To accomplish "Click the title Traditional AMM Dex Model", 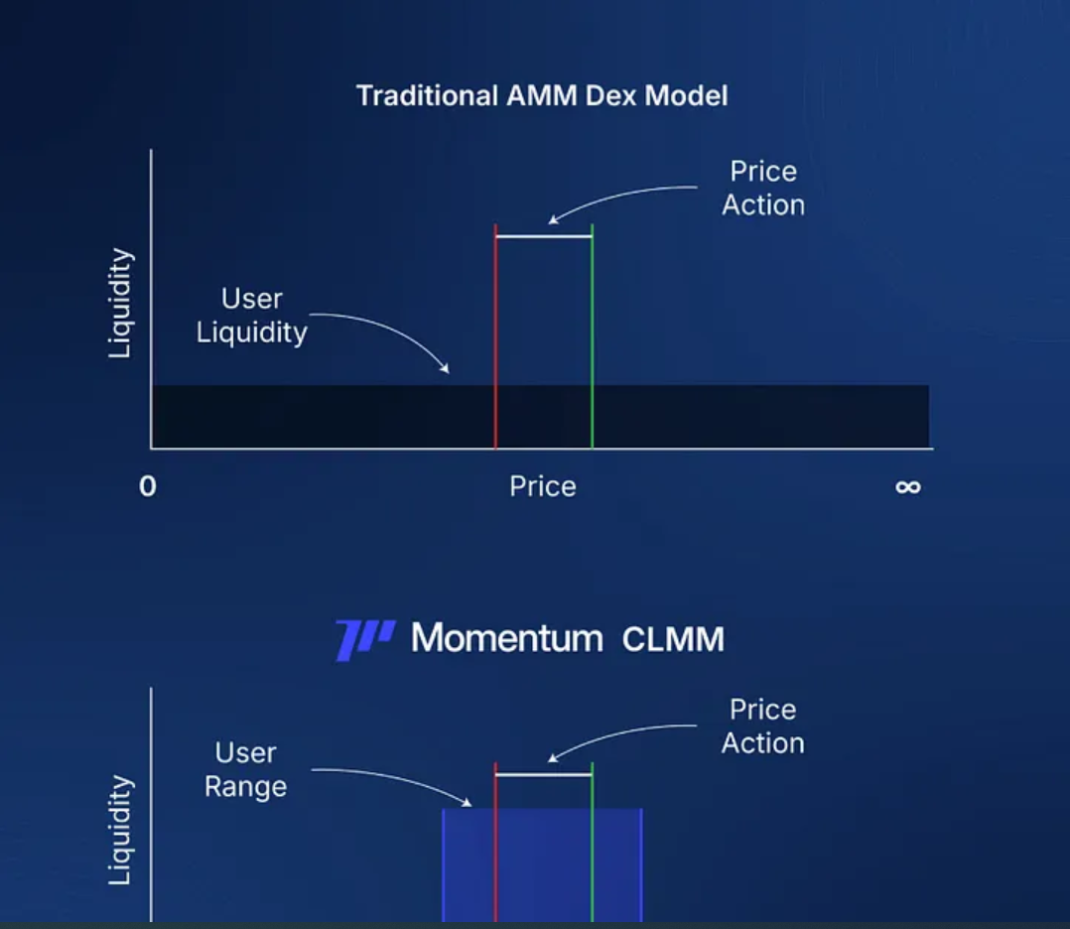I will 542,96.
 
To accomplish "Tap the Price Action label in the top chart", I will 762,188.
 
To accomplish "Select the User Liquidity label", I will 252,316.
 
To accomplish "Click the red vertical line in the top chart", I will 495,337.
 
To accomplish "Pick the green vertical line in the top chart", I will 592,337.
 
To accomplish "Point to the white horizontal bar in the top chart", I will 543,236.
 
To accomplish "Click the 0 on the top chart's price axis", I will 148,487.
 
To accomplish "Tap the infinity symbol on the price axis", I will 907,487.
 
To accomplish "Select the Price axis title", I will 542,486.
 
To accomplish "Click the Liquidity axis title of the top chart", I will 121,303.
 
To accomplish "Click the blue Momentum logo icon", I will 364,638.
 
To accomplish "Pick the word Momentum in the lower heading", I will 506,638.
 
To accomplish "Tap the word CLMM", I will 673,639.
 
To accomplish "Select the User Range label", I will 245,770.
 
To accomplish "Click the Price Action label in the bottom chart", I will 762,727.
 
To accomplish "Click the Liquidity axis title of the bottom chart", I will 121,830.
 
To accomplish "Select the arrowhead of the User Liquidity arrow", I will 446,369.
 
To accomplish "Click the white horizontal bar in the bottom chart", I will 543,774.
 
